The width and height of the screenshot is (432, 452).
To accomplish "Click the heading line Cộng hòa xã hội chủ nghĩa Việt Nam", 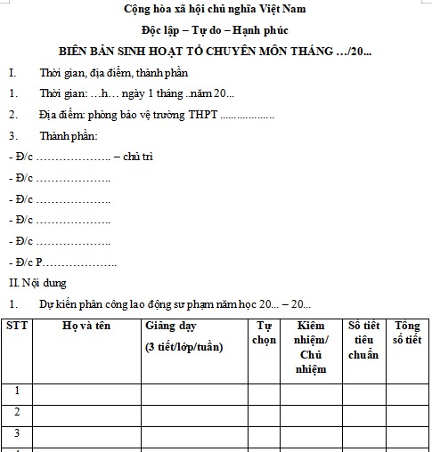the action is [x=215, y=12].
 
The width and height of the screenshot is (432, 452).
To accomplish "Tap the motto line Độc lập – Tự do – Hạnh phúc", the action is [x=215, y=31].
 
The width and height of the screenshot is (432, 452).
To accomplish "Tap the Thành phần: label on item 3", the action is [x=68, y=136].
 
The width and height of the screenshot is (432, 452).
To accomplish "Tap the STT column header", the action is [x=17, y=326].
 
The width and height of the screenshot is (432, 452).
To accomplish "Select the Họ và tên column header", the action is [x=86, y=326].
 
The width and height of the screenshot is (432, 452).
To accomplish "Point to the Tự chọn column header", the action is [x=263, y=333].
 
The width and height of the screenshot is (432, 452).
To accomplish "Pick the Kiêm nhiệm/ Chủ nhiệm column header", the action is [x=311, y=347].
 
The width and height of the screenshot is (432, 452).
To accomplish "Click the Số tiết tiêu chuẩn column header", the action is [x=364, y=340].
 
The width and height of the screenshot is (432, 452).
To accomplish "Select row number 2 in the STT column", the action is [x=17, y=413].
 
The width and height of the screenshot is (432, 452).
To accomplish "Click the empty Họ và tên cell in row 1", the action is [x=86, y=391].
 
